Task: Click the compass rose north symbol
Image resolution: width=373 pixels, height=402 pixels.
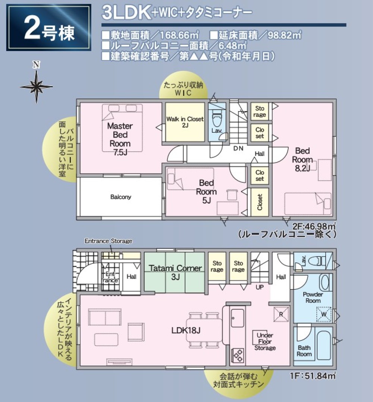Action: [36, 84]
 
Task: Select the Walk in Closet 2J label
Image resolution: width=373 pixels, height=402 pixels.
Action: [185, 122]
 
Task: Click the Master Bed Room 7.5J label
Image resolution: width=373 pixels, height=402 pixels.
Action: [120, 138]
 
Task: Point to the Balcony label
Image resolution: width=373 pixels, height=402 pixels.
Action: [120, 197]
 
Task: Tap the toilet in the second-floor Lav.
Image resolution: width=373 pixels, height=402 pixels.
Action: [216, 120]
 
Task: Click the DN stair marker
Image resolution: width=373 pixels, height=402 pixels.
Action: [238, 148]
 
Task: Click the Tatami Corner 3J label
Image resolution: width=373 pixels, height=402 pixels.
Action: [175, 272]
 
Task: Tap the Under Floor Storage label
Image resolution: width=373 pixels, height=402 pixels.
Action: [265, 342]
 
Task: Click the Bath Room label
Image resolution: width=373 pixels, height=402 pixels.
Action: [304, 351]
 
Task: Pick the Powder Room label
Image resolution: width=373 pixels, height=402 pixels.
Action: [313, 297]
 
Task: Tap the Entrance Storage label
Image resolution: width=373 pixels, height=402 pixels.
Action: [108, 241]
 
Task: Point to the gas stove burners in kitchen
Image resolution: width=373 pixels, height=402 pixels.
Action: [238, 355]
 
